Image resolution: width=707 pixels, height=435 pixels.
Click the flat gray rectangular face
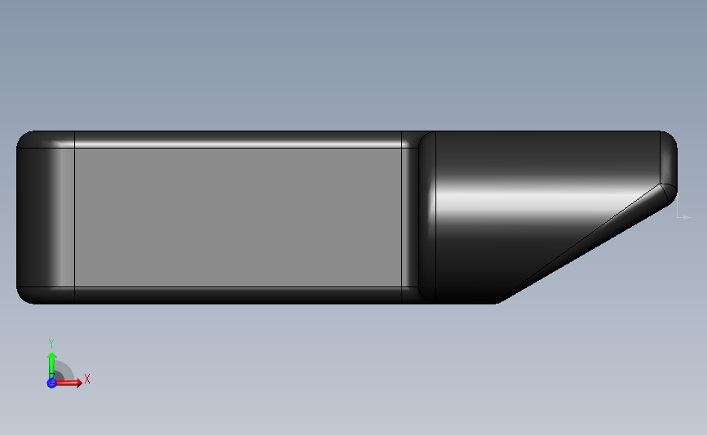[238, 217]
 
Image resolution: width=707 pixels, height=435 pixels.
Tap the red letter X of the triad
[87, 379]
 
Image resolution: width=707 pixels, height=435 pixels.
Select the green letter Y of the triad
[51, 344]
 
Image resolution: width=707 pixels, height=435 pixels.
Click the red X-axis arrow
[67, 383]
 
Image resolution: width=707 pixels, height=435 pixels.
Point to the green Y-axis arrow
[52, 366]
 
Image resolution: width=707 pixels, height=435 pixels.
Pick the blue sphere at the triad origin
[52, 383]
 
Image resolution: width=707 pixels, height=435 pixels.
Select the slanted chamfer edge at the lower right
[581, 242]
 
